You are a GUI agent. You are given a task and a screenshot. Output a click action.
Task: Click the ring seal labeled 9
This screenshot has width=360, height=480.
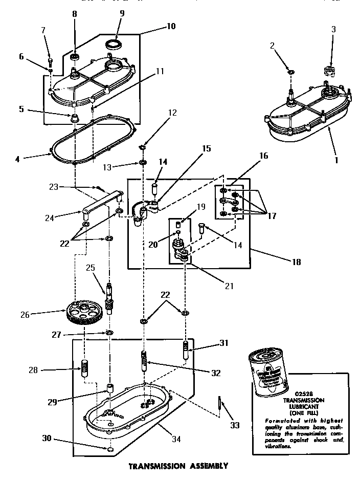[114, 45]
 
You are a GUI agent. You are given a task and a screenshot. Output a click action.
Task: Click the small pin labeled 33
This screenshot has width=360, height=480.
[219, 402]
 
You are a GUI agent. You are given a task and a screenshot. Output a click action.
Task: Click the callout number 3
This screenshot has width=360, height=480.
[333, 29]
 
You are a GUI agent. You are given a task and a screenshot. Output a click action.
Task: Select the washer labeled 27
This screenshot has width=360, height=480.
[109, 334]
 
